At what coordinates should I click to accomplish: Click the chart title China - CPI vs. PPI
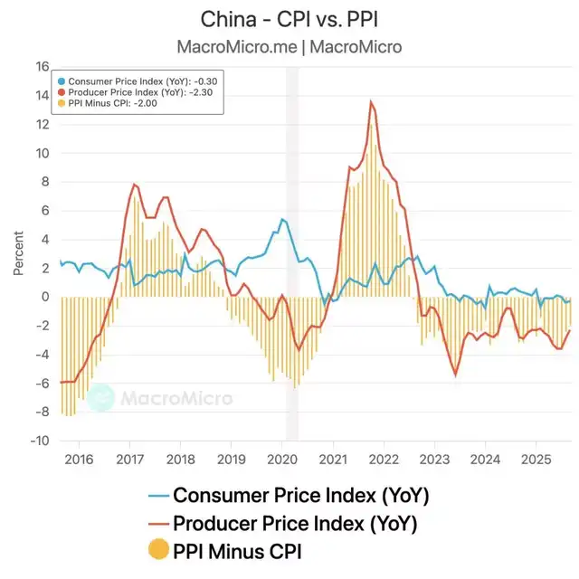pyautogui.click(x=289, y=20)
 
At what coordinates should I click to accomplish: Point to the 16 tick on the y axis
pyautogui.click(x=42, y=66)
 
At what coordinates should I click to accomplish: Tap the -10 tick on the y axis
pyautogui.click(x=39, y=441)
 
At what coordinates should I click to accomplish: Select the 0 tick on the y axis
pyautogui.click(x=44, y=297)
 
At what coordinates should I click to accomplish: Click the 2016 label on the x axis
pyautogui.click(x=79, y=459)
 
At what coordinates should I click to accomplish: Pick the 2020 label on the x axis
pyautogui.click(x=284, y=459)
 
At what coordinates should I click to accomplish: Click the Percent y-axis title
pyautogui.click(x=19, y=253)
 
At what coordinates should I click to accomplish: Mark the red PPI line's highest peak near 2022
pyautogui.click(x=371, y=101)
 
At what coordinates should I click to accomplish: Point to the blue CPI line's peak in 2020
pyautogui.click(x=282, y=219)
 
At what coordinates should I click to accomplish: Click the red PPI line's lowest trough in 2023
pyautogui.click(x=456, y=375)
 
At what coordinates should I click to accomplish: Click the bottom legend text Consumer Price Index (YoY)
pyautogui.click(x=300, y=496)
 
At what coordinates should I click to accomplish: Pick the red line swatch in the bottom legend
pyautogui.click(x=158, y=523)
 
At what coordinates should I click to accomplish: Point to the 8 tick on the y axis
pyautogui.click(x=44, y=182)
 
